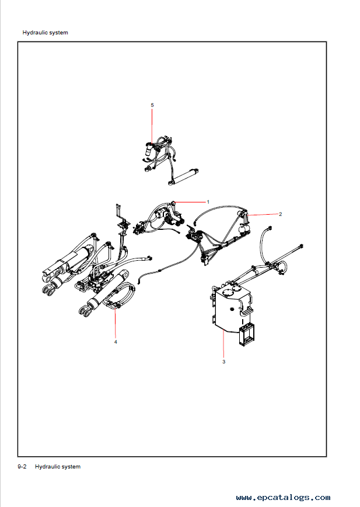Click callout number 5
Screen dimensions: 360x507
click(152, 105)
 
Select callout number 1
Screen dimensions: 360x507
click(208, 202)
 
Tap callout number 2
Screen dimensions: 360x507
click(281, 214)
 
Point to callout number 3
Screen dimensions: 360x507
click(223, 362)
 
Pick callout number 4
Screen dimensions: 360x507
click(116, 342)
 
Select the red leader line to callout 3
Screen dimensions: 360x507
click(223, 344)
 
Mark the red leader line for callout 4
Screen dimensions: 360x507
click(116, 323)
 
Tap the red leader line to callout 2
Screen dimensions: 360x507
click(262, 214)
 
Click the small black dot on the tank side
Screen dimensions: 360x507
click(231, 309)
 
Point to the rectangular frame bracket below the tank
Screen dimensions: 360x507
click(246, 335)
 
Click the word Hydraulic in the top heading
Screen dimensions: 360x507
click(34, 33)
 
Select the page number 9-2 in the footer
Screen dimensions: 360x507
click(22, 467)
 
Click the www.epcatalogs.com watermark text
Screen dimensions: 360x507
click(284, 497)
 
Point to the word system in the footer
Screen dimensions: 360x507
click(71, 467)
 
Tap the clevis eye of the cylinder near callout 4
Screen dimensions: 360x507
click(85, 312)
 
